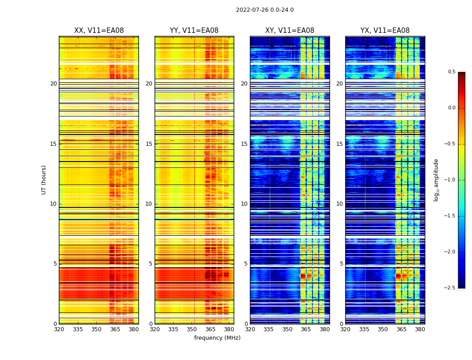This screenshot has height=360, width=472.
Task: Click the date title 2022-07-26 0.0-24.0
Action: pos(265,10)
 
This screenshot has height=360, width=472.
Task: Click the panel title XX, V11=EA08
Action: pos(99,31)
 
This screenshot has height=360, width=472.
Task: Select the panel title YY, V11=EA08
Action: pos(194,31)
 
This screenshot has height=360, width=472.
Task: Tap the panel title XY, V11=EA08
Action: pos(289,31)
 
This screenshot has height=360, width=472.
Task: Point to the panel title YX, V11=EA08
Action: pos(385,31)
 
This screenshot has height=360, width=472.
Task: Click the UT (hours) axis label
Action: pos(44,180)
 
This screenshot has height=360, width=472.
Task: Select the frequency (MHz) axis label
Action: pos(217,338)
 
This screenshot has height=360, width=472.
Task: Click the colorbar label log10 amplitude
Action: pos(436,180)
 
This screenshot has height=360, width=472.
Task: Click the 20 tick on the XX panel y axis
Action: pos(53,84)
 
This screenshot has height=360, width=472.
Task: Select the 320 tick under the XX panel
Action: pos(59,329)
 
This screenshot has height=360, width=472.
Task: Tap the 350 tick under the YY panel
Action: pos(192,329)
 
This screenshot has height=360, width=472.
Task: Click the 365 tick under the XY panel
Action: pos(306,329)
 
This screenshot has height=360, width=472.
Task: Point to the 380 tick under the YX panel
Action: pos(420,329)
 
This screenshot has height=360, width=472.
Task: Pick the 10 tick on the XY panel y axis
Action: pos(244,204)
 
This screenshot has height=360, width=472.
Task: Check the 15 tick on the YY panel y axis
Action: pos(149,144)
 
